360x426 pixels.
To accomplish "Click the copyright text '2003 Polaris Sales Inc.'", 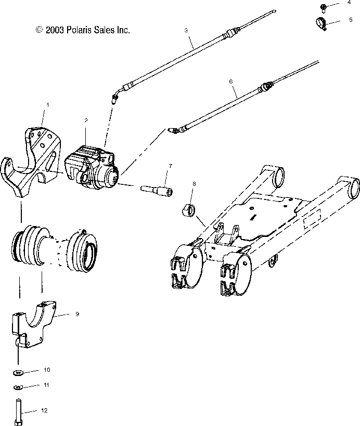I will point(82,30).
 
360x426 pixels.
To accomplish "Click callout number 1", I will point(47,105).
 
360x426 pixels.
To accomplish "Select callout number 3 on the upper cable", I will point(186,31).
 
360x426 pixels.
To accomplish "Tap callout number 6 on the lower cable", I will point(230,81).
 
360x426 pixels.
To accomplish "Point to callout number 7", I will point(170,166).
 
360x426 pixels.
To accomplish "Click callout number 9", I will point(77,314).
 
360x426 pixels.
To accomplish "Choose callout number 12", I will point(44,411).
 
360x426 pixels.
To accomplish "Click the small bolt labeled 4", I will point(324,7).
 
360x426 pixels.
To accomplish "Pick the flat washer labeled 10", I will point(18,372).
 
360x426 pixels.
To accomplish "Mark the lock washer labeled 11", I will point(18,387).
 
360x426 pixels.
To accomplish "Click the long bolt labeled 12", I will point(19,410).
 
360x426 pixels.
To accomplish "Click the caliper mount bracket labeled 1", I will point(31,156).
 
